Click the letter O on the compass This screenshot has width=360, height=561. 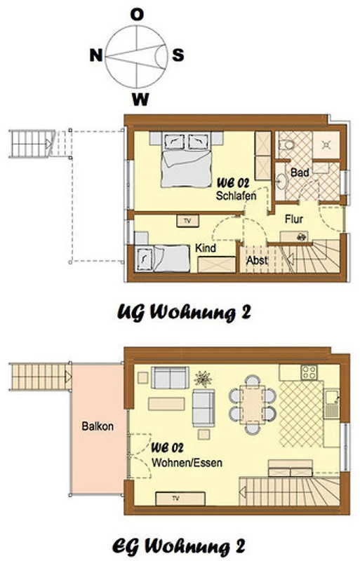pyautogui.click(x=137, y=15)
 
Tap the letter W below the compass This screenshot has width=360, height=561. pyautogui.click(x=140, y=99)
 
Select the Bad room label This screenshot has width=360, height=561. pyautogui.click(x=300, y=173)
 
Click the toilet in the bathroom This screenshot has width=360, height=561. pyautogui.click(x=286, y=145)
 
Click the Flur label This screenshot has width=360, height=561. pyautogui.click(x=294, y=219)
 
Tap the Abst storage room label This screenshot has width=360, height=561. pyautogui.click(x=257, y=260)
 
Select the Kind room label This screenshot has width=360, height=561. pyautogui.click(x=206, y=248)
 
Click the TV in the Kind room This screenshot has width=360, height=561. pyautogui.click(x=187, y=221)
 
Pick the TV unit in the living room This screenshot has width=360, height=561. pyautogui.click(x=180, y=499)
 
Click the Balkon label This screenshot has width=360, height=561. pyautogui.click(x=98, y=426)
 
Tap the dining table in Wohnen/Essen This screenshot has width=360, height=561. pyautogui.click(x=253, y=405)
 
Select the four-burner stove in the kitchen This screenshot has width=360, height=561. pyautogui.click(x=308, y=372)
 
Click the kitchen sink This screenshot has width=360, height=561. pyautogui.click(x=331, y=404)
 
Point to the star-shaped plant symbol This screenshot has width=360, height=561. pyautogui.click(x=203, y=379)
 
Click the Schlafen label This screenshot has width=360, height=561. pyautogui.click(x=236, y=196)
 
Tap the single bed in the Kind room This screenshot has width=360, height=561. pyautogui.click(x=162, y=258)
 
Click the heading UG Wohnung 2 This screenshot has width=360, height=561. pyautogui.click(x=184, y=313)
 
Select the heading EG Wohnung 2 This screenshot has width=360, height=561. pyautogui.click(x=179, y=546)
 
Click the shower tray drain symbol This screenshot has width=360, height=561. pyautogui.click(x=326, y=145)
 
